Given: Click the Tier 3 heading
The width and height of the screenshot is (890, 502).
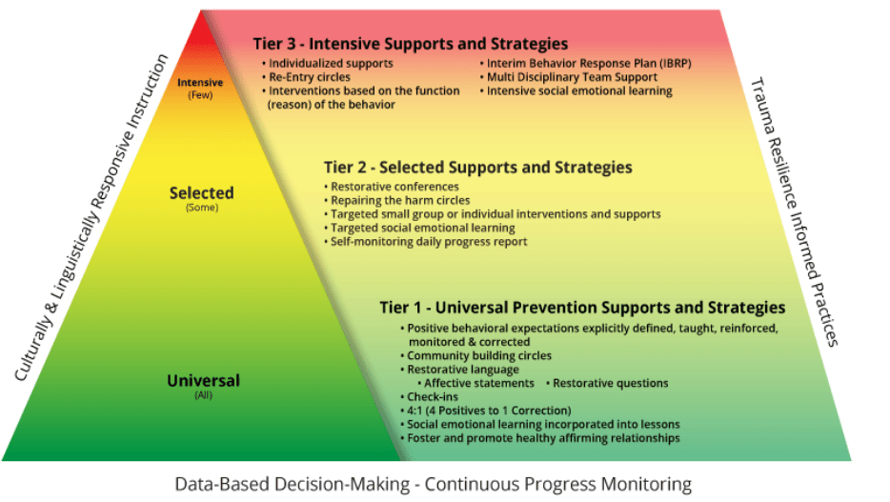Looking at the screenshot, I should (x=410, y=44).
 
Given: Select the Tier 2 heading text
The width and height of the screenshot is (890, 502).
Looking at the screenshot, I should (x=477, y=168).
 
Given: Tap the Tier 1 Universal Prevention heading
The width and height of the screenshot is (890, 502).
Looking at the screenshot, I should (x=582, y=308).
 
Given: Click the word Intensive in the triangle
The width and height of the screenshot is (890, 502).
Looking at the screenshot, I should (x=200, y=83).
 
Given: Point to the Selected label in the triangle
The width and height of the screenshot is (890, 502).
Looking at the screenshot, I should (x=201, y=193).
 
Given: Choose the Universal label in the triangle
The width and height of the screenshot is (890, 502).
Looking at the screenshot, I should (x=203, y=381).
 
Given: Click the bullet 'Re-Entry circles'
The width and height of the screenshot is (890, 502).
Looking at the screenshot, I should (x=310, y=77).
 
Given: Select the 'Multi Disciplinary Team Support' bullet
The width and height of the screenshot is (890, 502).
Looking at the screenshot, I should (x=572, y=77).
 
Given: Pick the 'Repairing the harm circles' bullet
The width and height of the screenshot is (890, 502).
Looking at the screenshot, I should (x=400, y=201).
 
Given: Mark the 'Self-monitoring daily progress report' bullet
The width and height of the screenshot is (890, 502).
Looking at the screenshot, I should (x=429, y=242).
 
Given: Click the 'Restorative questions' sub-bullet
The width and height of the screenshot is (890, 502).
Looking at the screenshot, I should (x=610, y=383).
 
